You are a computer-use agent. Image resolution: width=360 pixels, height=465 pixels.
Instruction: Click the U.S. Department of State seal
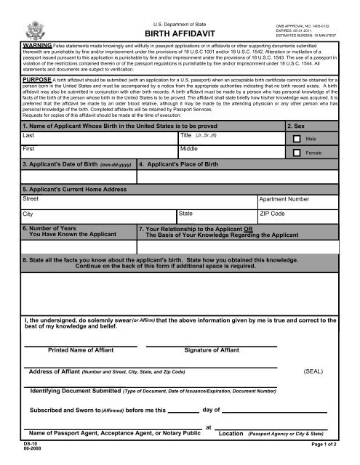[33, 28]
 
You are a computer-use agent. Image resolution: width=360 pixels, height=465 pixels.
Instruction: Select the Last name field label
[29, 136]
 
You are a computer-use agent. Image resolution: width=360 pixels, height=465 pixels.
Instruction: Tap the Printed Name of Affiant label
[81, 350]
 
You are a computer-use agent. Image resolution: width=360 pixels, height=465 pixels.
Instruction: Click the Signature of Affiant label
[215, 350]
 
